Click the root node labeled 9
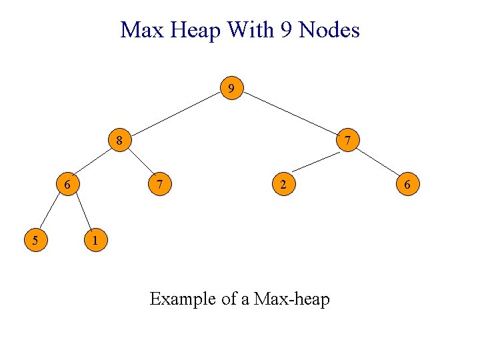[231, 88]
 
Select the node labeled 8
[119, 141]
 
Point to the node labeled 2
[283, 183]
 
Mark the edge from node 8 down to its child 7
[139, 162]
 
